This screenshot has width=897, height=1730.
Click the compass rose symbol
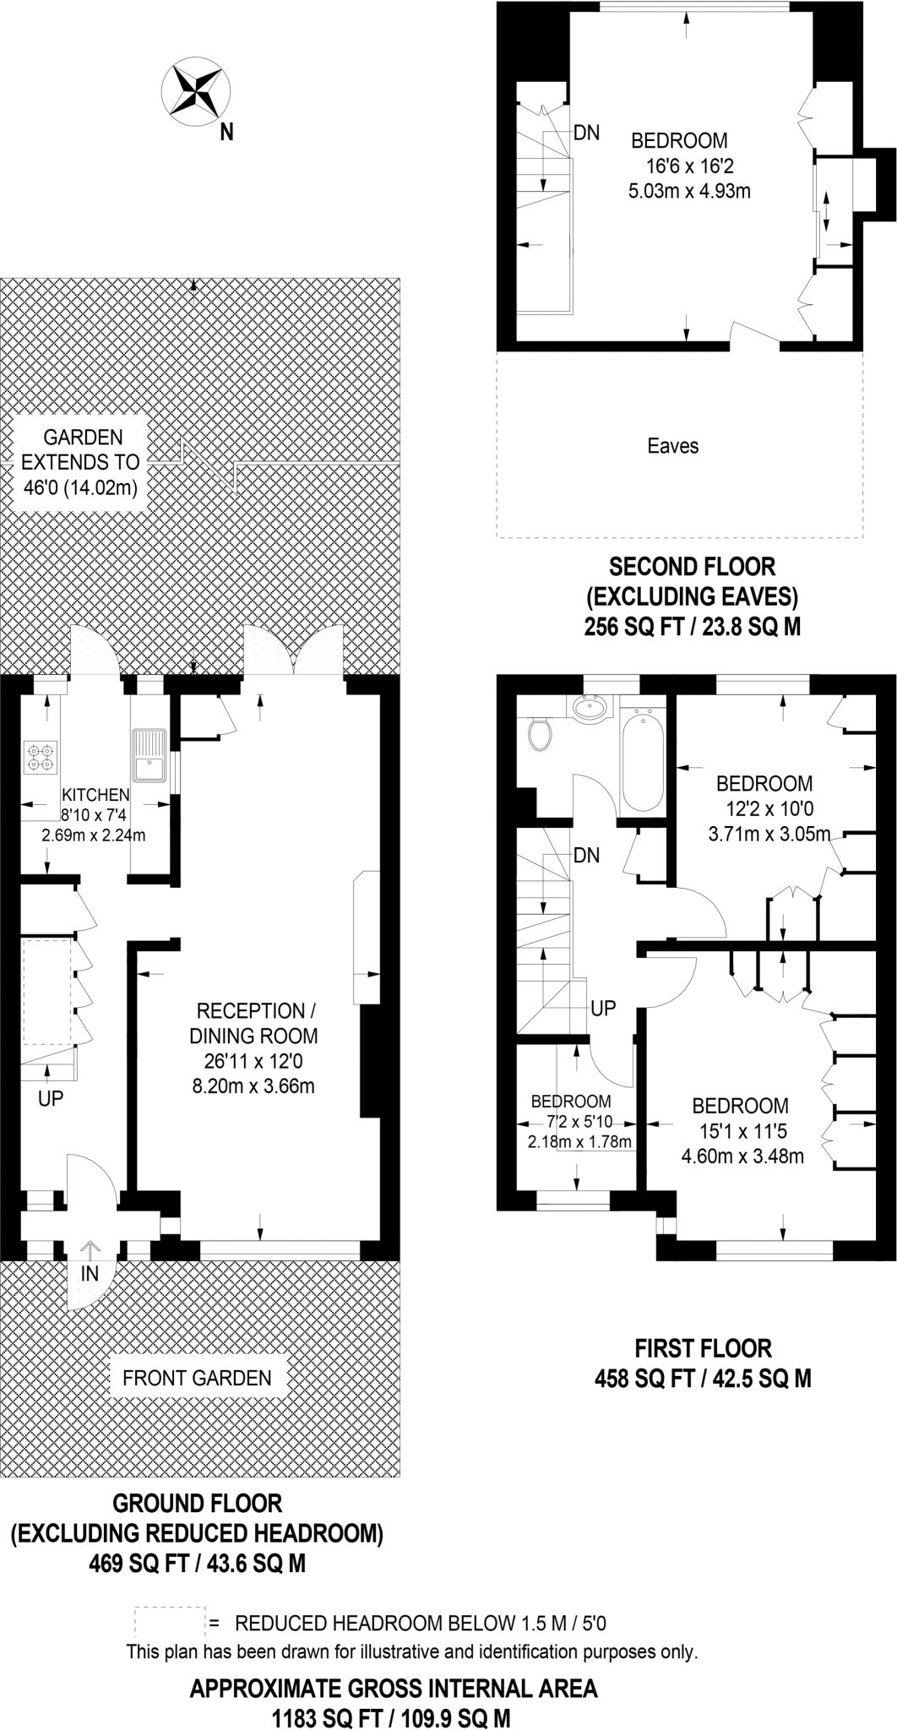tap(198, 91)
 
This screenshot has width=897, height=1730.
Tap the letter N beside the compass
tap(226, 132)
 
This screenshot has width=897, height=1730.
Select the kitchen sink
tap(150, 755)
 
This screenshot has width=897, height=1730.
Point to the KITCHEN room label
tap(95, 795)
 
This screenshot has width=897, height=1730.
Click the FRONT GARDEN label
tap(197, 1379)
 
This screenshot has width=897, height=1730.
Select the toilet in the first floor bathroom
tap(540, 734)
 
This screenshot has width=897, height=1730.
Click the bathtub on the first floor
tap(642, 759)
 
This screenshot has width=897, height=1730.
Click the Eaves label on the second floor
tap(673, 445)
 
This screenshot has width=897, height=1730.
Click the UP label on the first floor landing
tap(603, 1008)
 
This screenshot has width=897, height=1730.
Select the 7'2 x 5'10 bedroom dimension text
tap(580, 1123)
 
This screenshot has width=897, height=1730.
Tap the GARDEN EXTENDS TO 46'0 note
tap(83, 462)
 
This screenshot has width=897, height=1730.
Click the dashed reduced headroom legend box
tap(169, 1623)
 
